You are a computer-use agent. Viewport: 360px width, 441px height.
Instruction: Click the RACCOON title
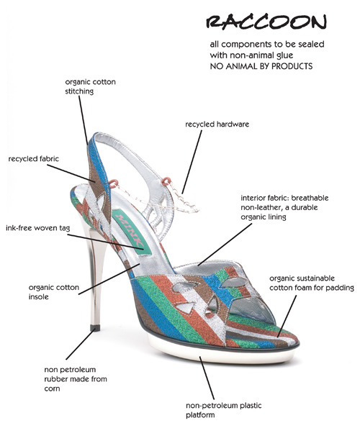click(266, 22)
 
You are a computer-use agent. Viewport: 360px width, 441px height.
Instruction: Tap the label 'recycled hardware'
click(217, 124)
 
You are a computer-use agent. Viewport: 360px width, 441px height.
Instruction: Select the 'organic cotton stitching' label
click(90, 86)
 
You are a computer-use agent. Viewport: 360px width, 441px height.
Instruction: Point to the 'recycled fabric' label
click(34, 158)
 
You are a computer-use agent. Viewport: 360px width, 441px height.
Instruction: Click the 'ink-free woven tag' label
click(37, 228)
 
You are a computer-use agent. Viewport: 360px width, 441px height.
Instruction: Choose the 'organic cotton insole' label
click(54, 292)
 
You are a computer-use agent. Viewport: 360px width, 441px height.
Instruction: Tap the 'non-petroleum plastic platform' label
click(224, 410)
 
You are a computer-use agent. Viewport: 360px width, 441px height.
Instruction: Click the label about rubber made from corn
click(76, 379)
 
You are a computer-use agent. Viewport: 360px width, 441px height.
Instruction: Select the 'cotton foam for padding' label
click(312, 283)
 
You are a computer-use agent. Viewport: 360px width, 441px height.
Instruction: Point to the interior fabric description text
click(284, 207)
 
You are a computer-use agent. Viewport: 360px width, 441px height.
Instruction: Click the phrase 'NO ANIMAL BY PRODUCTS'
click(261, 66)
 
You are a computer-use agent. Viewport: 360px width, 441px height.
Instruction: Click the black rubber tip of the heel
click(95, 328)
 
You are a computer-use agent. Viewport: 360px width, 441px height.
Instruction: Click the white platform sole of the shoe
click(222, 351)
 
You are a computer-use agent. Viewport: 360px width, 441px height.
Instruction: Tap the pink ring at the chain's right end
click(166, 181)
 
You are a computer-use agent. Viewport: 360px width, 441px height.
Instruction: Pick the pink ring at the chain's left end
click(112, 183)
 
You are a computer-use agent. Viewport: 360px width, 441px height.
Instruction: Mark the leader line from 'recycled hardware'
click(192, 162)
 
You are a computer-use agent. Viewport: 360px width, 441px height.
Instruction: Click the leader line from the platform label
click(207, 378)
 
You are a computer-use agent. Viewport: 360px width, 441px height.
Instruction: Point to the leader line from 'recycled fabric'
click(71, 173)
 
